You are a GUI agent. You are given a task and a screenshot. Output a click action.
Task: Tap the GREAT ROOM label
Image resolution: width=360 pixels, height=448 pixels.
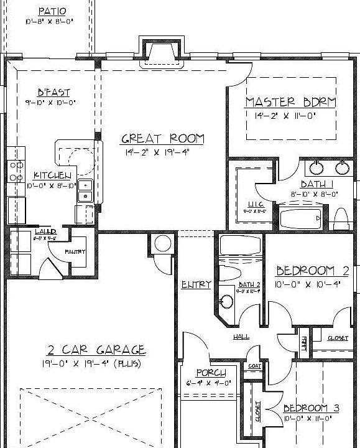coord(162,139)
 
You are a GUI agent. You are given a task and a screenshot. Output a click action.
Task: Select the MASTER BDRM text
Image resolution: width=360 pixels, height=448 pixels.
coord(290,101)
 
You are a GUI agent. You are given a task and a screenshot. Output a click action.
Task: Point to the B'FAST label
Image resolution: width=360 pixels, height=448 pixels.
coord(49,91)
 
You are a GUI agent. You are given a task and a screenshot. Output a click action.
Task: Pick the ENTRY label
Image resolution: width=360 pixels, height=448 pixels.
coord(196,284)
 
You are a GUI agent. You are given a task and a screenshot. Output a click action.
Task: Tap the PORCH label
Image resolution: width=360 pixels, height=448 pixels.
coord(211,373)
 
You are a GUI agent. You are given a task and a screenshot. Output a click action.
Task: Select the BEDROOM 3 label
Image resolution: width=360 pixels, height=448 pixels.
coord(312,408)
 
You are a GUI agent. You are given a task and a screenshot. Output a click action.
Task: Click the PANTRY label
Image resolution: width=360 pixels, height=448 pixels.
coord(75,252)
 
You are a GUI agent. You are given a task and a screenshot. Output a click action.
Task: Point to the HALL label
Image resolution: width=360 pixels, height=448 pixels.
coord(241,337)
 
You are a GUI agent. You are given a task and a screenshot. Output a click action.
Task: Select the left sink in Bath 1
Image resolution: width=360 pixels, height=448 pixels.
coord(316,168)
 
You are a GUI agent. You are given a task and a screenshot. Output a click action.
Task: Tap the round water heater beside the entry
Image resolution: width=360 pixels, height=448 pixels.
coord(162,243)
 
